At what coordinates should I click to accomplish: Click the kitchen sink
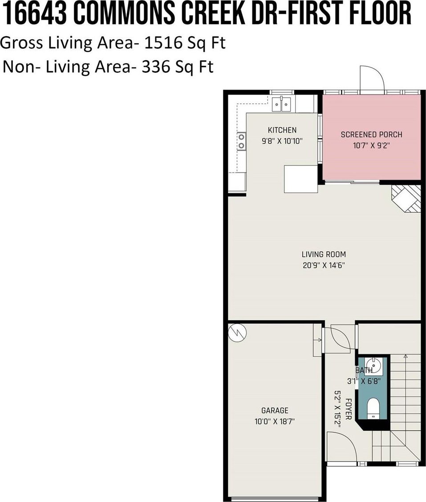pos(281,104)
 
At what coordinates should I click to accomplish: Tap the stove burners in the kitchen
pos(241,141)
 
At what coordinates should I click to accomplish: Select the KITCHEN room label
pos(282,130)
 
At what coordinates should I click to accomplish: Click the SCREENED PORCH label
pos(371,135)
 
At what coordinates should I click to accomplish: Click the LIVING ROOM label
pos(324,255)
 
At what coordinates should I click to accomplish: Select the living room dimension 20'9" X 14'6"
pos(324,265)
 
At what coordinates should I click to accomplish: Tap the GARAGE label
pos(275,411)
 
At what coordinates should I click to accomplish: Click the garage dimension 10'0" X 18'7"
pos(275,421)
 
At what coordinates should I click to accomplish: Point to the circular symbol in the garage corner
pos(237,333)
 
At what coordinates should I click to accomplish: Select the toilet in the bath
pos(373,408)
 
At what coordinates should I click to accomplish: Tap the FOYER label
pos(349,409)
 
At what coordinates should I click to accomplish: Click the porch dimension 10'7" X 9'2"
pos(371,146)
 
